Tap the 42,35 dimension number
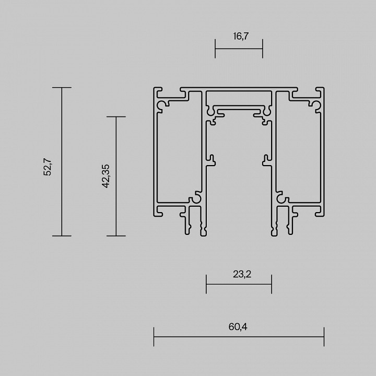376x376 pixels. (106, 175)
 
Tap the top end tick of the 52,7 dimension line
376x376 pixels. (62, 88)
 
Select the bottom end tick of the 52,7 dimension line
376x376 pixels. (62, 236)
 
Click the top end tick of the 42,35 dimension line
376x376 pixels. (116, 116)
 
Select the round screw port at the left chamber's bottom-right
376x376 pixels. (197, 198)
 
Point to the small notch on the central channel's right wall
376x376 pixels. (266, 159)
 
